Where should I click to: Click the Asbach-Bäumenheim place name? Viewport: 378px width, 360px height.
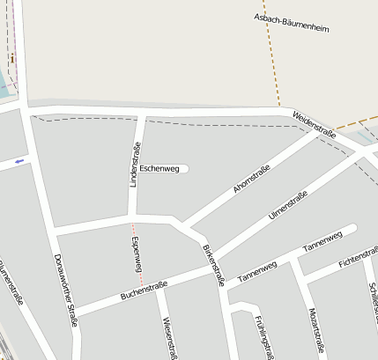click(x=292, y=22)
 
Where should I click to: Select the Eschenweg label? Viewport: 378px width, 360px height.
click(x=159, y=167)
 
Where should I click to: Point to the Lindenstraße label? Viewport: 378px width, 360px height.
click(x=136, y=164)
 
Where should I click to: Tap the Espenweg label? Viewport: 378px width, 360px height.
click(x=137, y=252)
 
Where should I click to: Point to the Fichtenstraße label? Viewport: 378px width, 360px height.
click(x=357, y=258)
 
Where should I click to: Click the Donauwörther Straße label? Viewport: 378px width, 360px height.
click(x=67, y=290)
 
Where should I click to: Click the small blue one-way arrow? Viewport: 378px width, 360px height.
click(x=19, y=161)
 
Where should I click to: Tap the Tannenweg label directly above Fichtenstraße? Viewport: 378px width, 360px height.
click(x=322, y=239)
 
